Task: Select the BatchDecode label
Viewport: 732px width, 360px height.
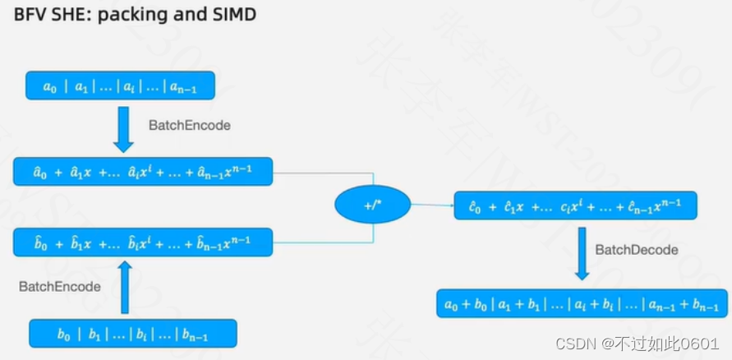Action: pyautogui.click(x=637, y=250)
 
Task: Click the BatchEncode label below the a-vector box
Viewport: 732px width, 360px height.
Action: pyautogui.click(x=189, y=126)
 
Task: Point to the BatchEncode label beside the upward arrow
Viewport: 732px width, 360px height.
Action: pyautogui.click(x=60, y=287)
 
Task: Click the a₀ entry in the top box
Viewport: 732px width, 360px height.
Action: pyautogui.click(x=50, y=86)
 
